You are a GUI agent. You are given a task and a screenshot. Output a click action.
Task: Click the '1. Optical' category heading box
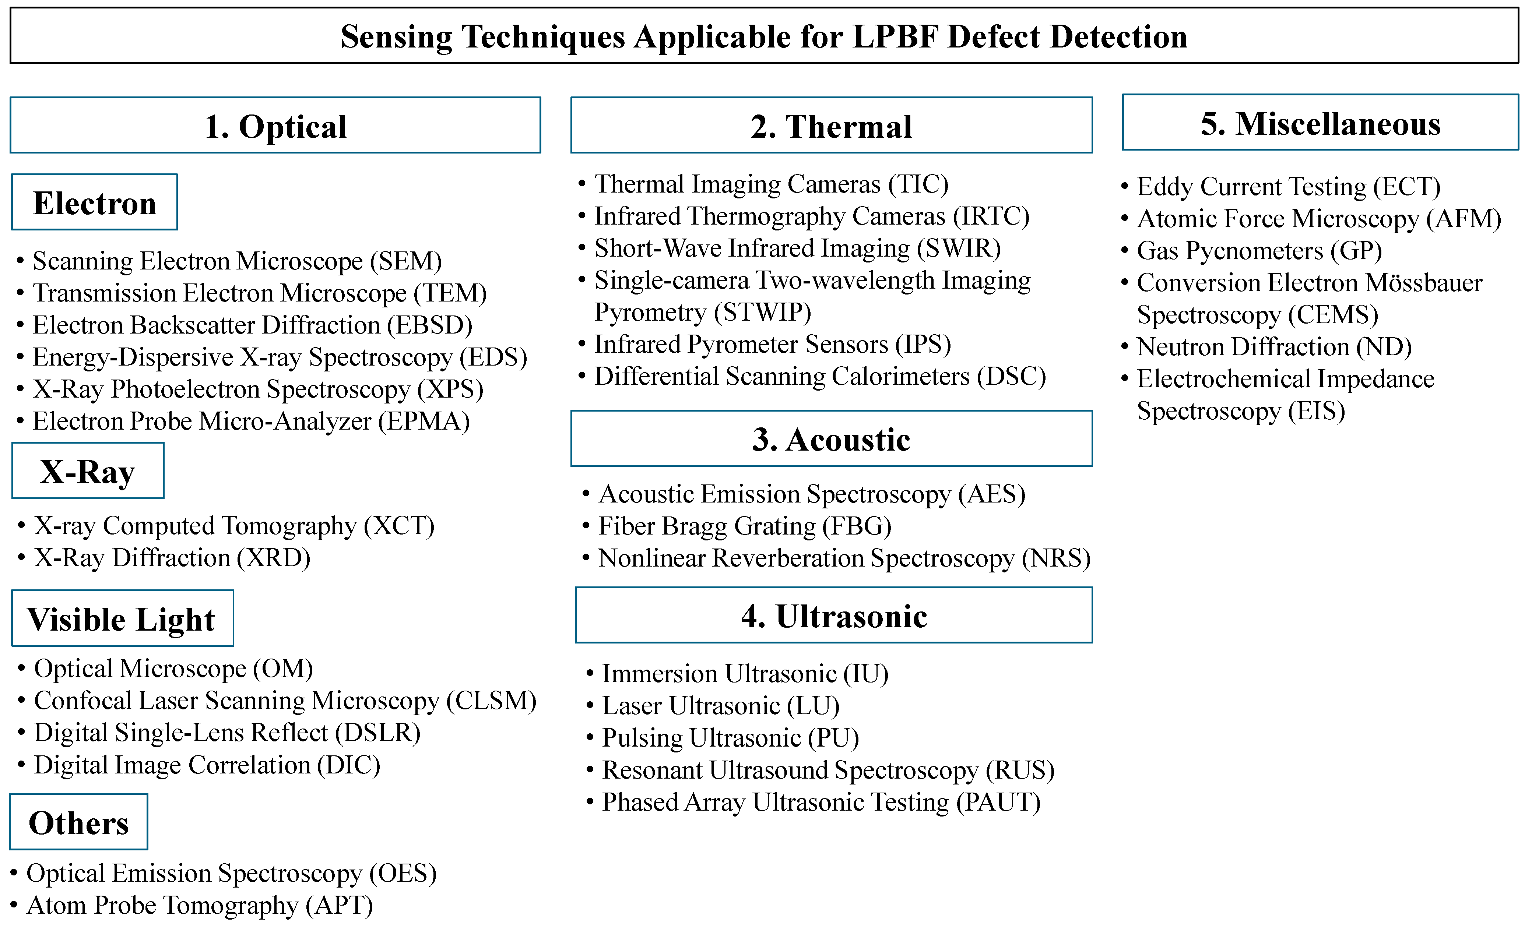[x=275, y=126]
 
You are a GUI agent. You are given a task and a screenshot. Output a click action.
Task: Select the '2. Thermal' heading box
[x=831, y=126]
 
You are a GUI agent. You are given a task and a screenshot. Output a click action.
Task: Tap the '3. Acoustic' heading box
[x=831, y=438]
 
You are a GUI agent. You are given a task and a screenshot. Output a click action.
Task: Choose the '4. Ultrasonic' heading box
[x=834, y=616]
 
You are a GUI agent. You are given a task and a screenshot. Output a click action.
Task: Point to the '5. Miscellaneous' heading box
[x=1320, y=123]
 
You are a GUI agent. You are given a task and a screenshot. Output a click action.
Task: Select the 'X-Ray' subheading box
[x=88, y=471]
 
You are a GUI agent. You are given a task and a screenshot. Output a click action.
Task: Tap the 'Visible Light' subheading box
[x=122, y=618]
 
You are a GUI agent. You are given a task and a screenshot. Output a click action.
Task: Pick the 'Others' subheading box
[x=78, y=822]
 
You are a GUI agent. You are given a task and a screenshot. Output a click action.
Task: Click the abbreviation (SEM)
[x=406, y=261]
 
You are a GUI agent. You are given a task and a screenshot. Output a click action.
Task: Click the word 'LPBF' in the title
[x=895, y=36]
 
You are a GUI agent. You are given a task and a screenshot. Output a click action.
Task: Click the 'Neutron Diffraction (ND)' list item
[x=1274, y=347]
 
